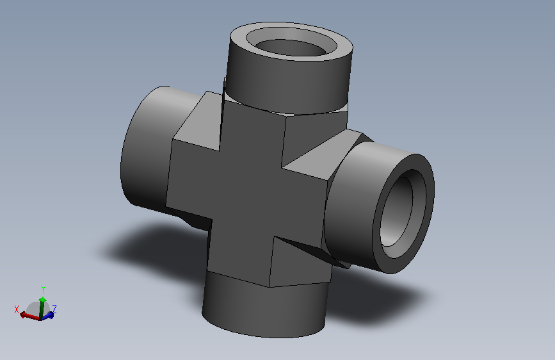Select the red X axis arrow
(x=29, y=316)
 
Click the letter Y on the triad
(x=43, y=289)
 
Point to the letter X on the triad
(x=16, y=309)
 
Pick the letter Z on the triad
(x=54, y=309)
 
